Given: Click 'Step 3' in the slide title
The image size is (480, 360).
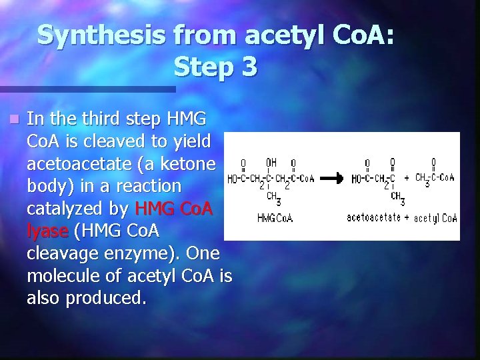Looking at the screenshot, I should tap(215, 66).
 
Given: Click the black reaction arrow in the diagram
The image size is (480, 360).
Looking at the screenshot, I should tap(331, 178).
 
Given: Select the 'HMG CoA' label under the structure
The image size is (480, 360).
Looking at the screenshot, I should tap(275, 217).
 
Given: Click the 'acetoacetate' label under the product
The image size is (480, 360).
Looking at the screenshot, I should tap(373, 217).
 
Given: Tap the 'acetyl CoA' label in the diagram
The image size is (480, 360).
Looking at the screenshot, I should tap(435, 218).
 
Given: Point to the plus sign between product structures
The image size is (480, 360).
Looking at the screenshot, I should tap(406, 178).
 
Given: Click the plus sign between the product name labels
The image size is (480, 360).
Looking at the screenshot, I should tap(407, 217).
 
